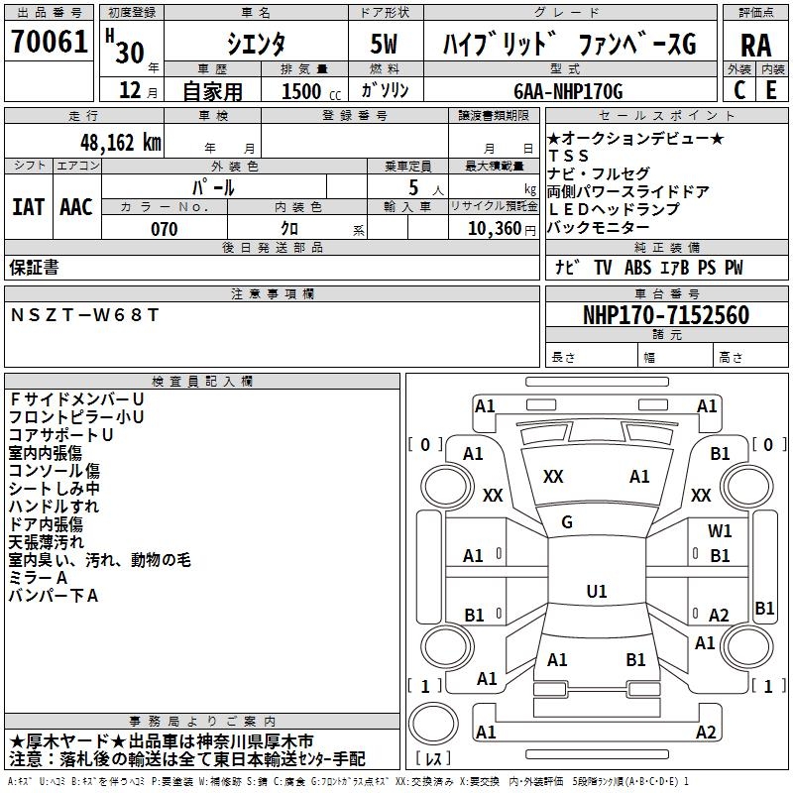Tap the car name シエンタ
(255, 45)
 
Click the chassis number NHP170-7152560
(665, 315)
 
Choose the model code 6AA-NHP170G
(568, 91)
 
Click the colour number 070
(165, 229)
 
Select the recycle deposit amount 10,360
(494, 229)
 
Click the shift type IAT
(28, 207)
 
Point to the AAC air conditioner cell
(76, 207)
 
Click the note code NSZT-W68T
(83, 314)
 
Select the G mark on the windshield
(567, 522)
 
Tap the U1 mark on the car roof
(596, 592)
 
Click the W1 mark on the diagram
(720, 531)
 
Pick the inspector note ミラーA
(38, 578)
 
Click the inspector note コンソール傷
(54, 471)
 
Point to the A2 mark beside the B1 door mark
(719, 615)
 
